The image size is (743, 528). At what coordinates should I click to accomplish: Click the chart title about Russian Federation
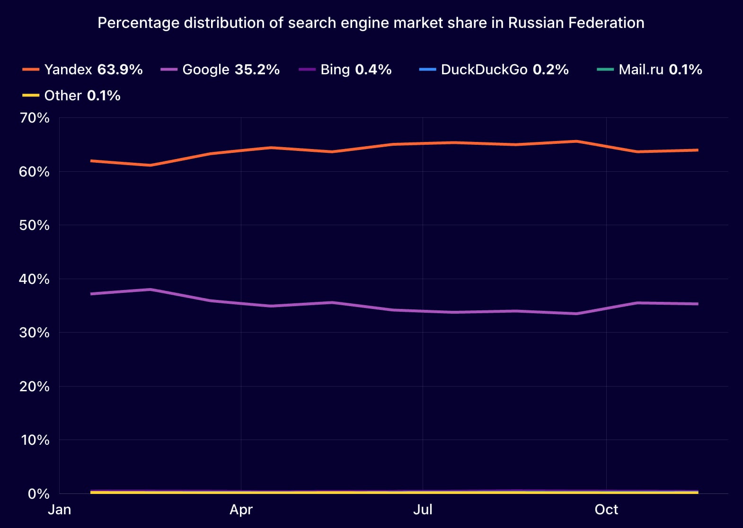371,23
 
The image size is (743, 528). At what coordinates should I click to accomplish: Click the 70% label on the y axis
35,118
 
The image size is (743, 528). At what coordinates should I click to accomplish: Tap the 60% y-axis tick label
35,172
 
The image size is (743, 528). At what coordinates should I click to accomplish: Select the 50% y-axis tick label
35,225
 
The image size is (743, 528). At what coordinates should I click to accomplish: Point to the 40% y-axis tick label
35,279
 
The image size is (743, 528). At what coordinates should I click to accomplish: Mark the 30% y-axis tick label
35,333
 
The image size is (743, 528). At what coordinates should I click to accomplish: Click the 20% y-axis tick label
35,387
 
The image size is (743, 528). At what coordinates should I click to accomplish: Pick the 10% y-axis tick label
35,440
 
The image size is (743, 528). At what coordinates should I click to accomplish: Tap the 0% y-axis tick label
38,494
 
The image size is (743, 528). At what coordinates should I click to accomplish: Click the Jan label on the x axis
60,510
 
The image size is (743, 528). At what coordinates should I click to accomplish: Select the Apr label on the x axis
241,510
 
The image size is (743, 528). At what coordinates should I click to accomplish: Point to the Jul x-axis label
423,510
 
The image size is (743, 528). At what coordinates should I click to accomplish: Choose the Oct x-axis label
606,510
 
